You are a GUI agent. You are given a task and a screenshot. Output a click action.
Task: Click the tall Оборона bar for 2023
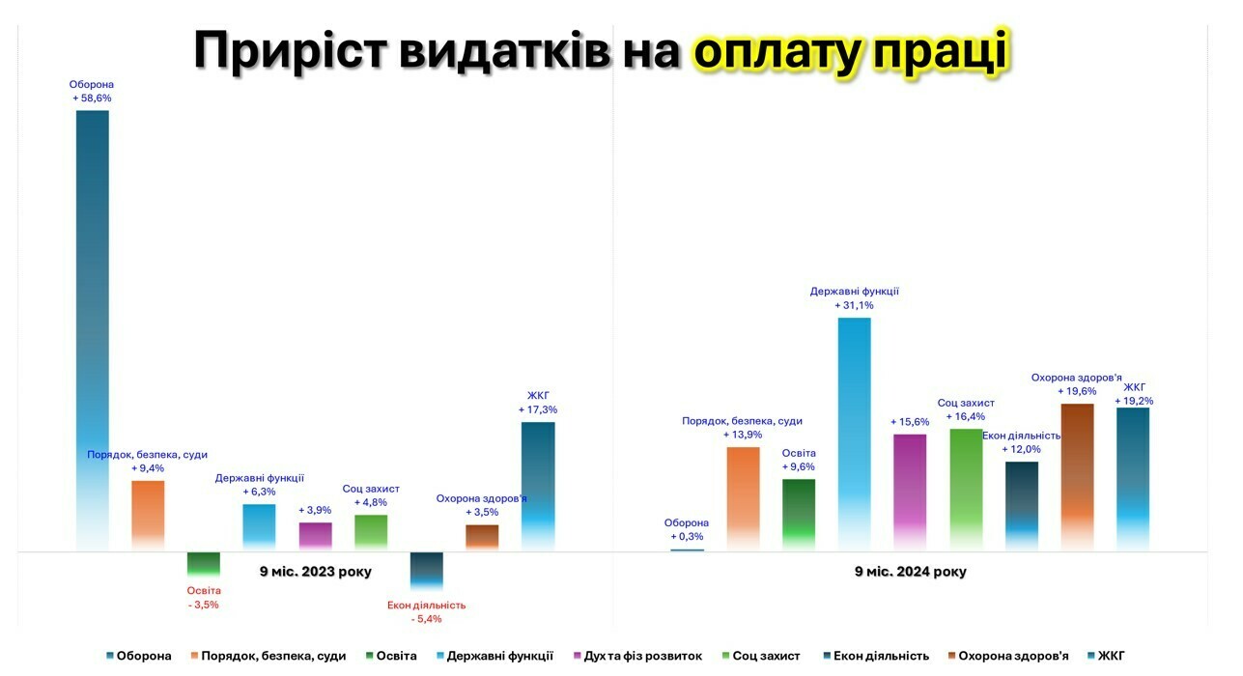click(93, 328)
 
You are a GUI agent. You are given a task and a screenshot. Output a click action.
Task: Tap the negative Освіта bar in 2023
click(203, 564)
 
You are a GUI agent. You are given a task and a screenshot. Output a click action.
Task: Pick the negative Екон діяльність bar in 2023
click(426, 570)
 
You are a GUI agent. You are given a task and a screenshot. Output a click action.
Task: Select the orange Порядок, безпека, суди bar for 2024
click(743, 498)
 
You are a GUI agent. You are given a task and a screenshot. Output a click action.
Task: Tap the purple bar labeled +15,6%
click(910, 492)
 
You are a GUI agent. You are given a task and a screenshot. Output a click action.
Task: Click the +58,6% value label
click(92, 99)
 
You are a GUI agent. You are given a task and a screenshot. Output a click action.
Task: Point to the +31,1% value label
click(855, 305)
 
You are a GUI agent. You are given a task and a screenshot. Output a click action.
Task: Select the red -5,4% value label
click(426, 619)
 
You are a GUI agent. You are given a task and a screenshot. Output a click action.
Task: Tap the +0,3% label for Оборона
click(687, 536)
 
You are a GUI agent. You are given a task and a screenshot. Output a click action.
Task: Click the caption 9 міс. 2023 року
click(315, 572)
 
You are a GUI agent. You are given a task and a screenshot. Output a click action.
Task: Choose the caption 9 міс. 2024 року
click(910, 572)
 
